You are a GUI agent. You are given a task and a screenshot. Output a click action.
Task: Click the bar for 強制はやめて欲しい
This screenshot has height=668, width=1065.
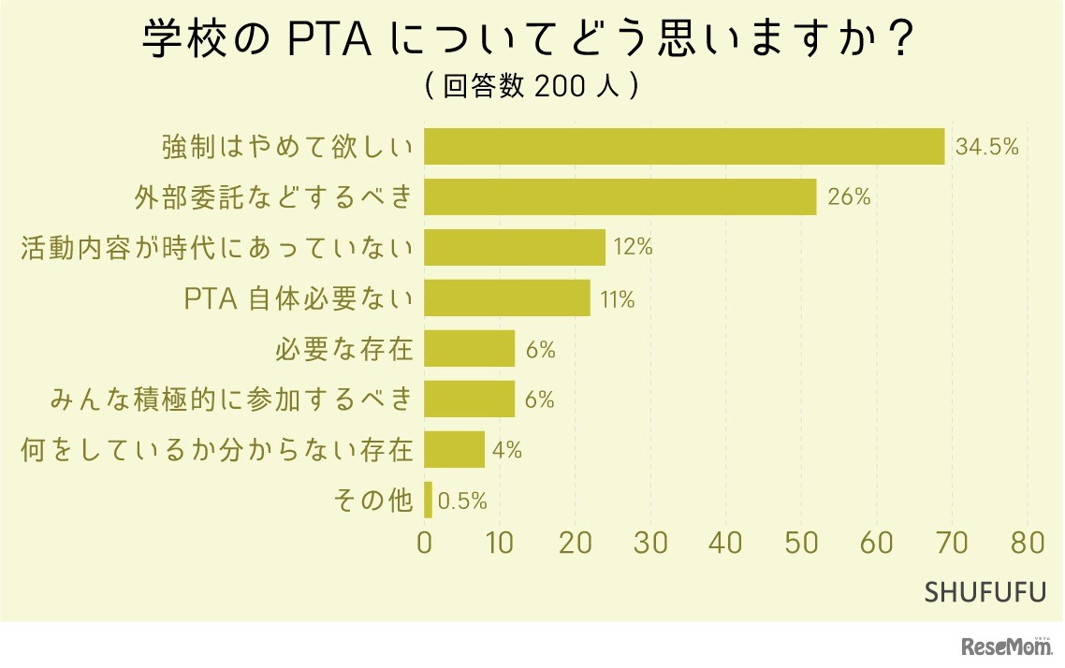coord(684,147)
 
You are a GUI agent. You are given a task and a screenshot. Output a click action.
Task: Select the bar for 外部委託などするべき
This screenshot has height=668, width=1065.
coord(620,197)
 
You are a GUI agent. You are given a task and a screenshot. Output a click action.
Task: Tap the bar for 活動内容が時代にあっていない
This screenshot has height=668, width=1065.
coord(515,248)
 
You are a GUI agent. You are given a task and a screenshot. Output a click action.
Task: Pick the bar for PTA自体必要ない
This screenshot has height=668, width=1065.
coord(507,298)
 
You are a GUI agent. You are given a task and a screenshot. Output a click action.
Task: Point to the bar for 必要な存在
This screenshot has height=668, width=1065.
coord(470,349)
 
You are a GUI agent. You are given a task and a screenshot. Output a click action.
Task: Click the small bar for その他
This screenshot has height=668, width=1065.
coord(429,501)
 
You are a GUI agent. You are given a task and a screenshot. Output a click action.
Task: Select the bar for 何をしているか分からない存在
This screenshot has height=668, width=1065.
coord(455,450)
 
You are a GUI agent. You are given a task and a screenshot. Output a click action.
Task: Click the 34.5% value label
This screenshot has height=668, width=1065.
coord(986,147)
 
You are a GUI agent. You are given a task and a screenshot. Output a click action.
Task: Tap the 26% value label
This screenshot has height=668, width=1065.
coord(848,197)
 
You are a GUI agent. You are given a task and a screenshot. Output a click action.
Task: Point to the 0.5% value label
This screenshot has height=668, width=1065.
coord(463,501)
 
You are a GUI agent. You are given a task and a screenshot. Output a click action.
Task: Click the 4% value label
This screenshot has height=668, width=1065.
coord(507,451)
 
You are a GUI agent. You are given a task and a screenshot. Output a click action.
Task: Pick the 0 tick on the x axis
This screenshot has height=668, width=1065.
coord(425,544)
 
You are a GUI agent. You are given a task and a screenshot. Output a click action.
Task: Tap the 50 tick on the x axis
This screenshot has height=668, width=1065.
coord(802,544)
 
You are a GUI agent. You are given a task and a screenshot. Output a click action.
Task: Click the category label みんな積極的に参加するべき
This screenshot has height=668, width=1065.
coord(231,399)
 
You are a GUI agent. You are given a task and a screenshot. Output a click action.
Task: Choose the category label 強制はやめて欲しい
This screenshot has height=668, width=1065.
coord(287,147)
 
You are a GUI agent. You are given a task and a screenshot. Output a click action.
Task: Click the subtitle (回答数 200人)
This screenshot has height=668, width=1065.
coord(532,86)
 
